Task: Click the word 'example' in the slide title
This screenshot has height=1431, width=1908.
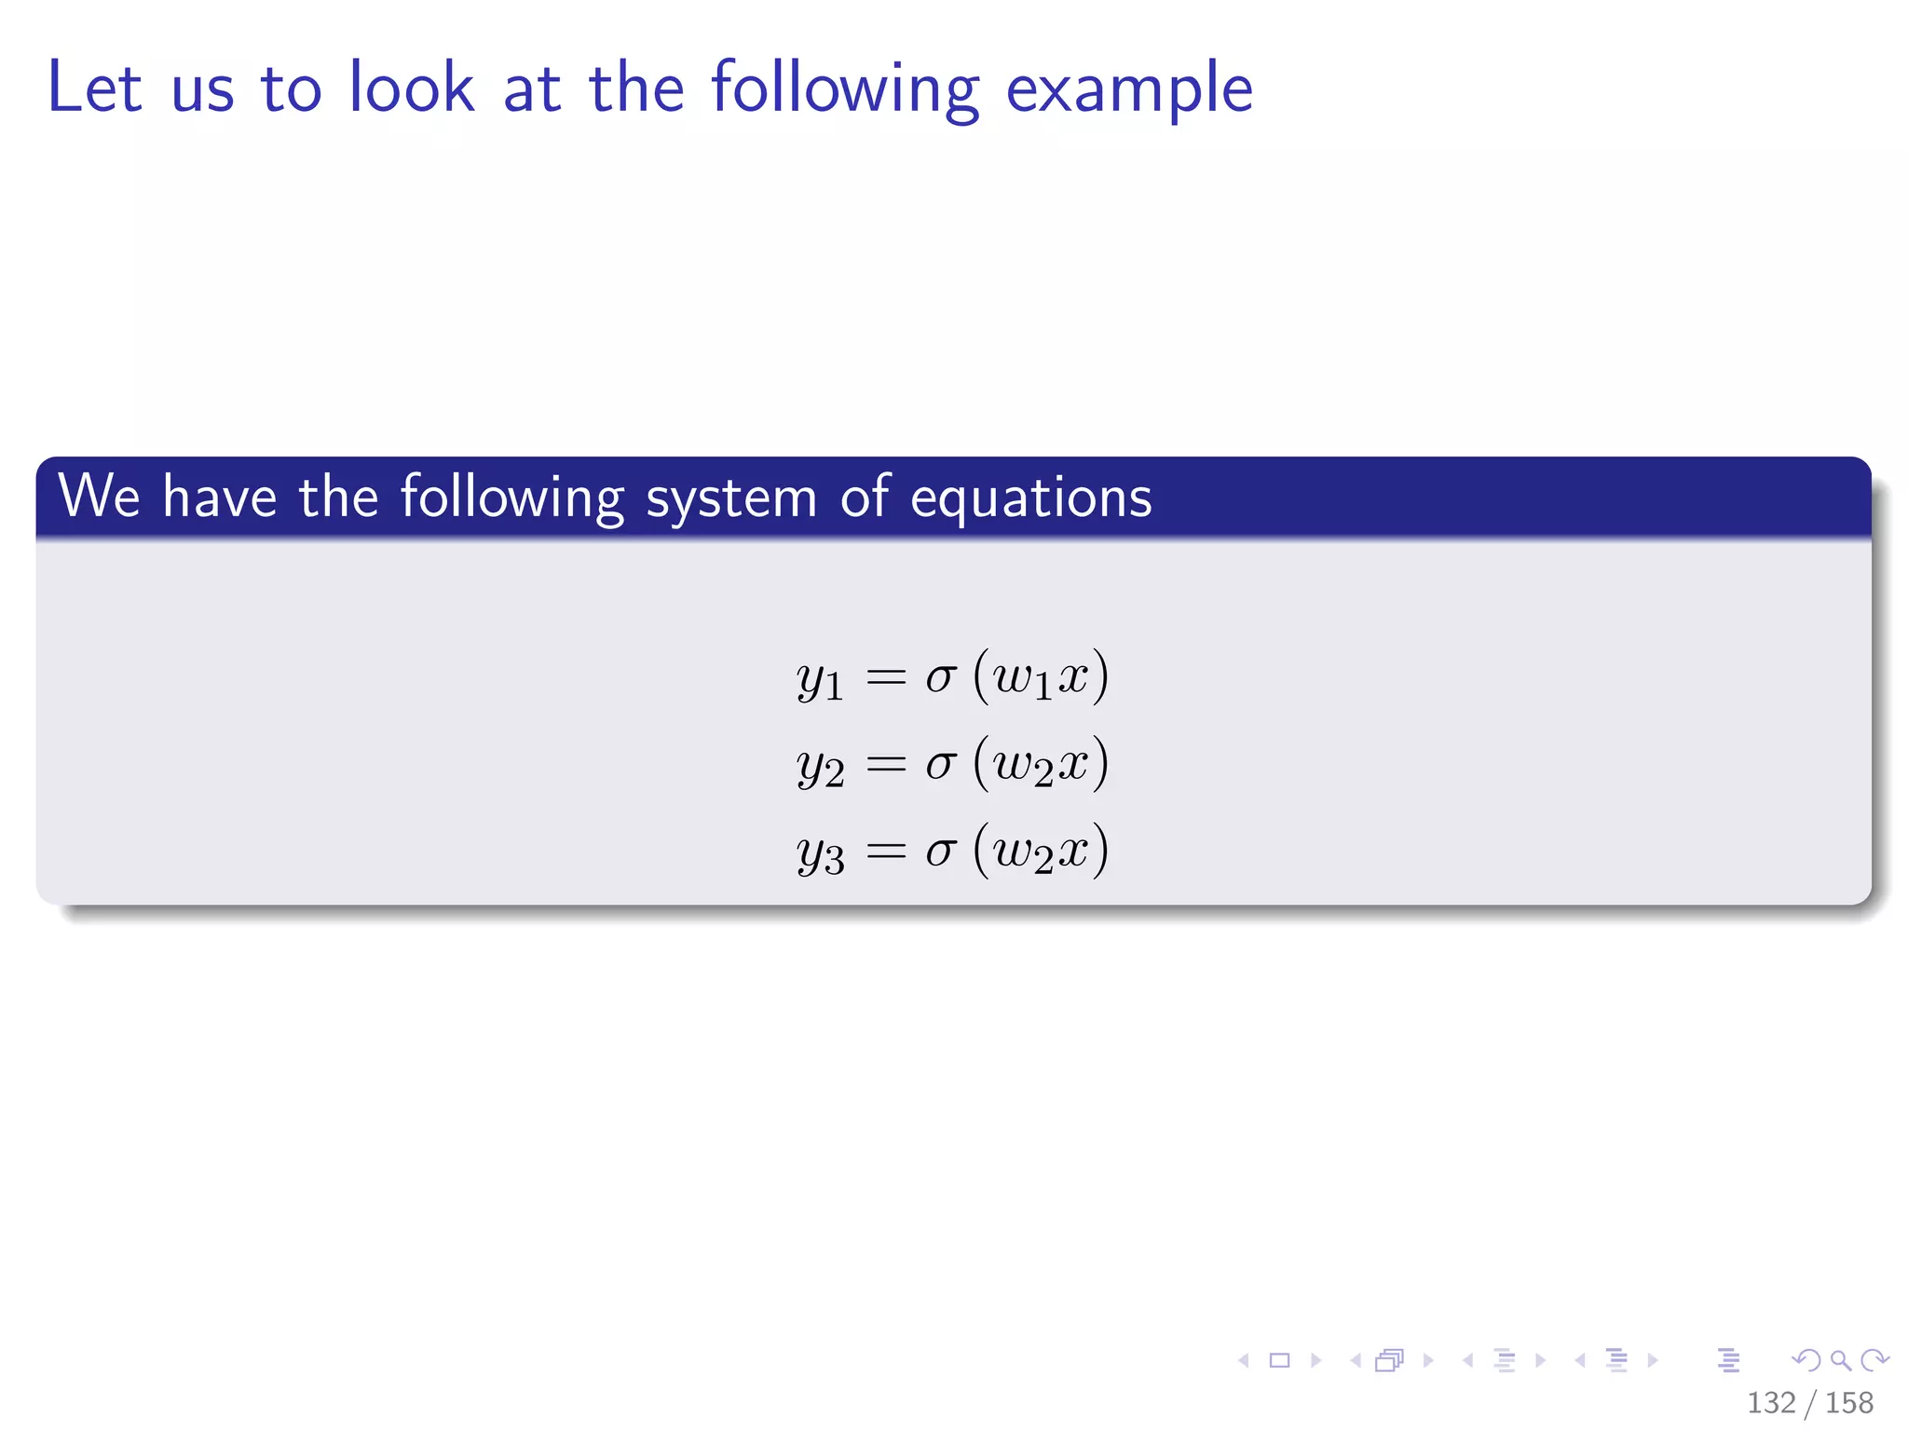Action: tap(1129, 89)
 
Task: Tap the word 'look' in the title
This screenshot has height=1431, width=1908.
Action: tap(411, 88)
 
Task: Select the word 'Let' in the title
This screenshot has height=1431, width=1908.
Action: tap(94, 88)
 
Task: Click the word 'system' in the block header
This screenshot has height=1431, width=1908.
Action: tap(730, 498)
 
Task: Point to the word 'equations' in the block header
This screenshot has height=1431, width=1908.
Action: tap(1030, 498)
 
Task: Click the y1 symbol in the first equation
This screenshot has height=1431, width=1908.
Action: tap(820, 679)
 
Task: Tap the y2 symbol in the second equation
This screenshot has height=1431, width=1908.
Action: tap(820, 767)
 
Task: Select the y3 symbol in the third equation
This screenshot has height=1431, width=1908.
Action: tap(820, 853)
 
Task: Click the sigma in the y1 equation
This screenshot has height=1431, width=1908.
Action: tap(940, 677)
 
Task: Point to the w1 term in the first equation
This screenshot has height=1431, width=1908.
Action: tap(1022, 679)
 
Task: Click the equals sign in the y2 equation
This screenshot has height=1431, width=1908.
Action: tap(885, 765)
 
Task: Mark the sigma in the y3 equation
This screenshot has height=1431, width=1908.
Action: tap(940, 852)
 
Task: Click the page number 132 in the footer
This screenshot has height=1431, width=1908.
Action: tap(1770, 1403)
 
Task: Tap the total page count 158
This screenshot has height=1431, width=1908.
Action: tap(1848, 1403)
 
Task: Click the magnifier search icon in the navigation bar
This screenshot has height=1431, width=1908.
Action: tap(1840, 1361)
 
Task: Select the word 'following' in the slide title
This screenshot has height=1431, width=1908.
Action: tap(845, 89)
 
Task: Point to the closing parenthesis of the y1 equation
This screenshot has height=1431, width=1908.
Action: tap(1101, 677)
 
